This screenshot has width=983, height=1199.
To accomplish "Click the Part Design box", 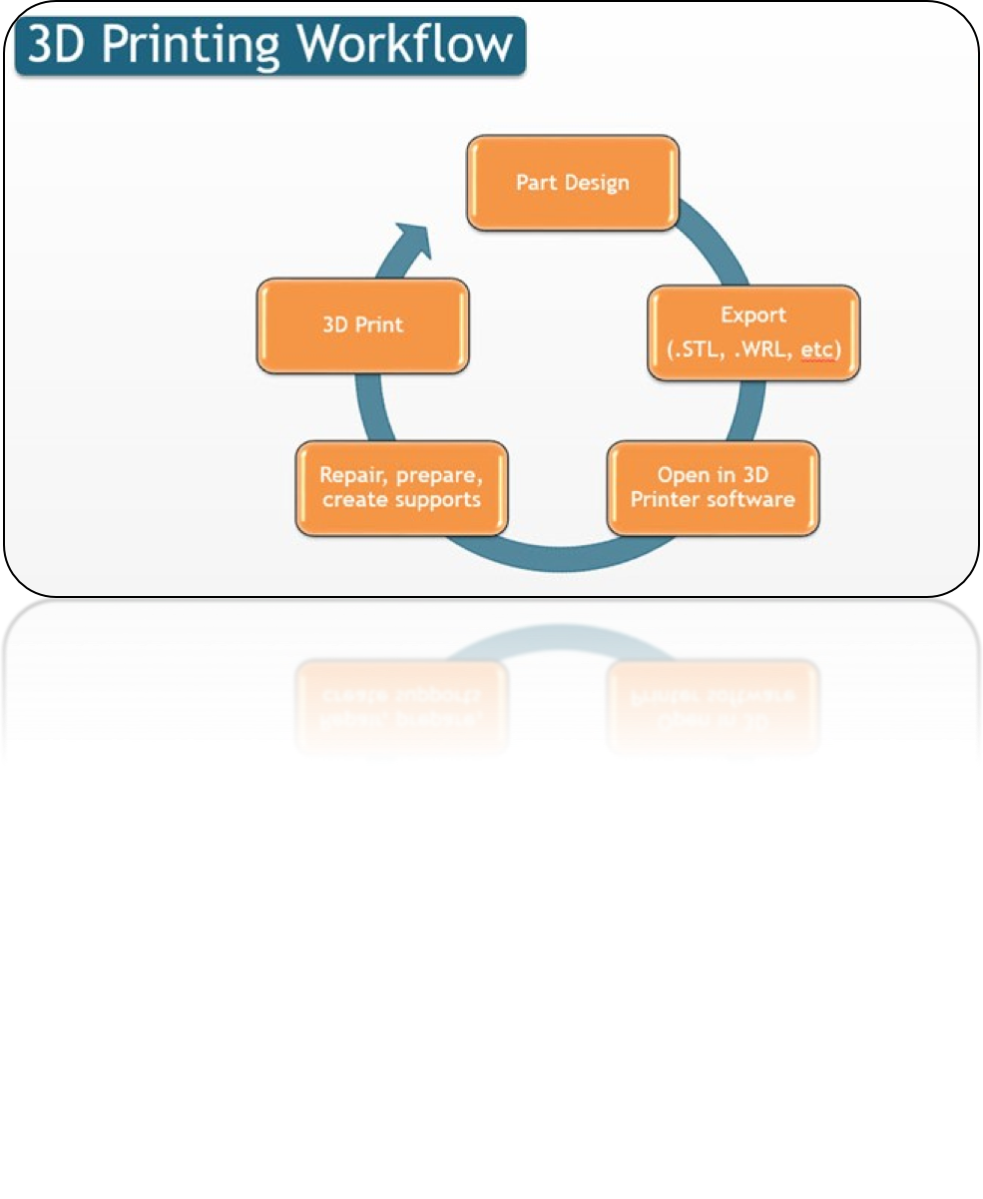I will coord(573,183).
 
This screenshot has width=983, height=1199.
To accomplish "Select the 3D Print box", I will coord(362,325).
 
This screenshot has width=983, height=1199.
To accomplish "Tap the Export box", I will coord(753,332).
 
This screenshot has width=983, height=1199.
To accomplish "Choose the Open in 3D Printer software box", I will coord(713,487).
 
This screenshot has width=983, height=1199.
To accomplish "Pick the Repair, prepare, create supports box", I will coord(401,487).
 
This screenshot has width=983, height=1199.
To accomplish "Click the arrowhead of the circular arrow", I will coord(412,241).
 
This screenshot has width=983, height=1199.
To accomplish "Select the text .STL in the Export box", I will coord(692,350).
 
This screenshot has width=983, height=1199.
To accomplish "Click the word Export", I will coord(753,315).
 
